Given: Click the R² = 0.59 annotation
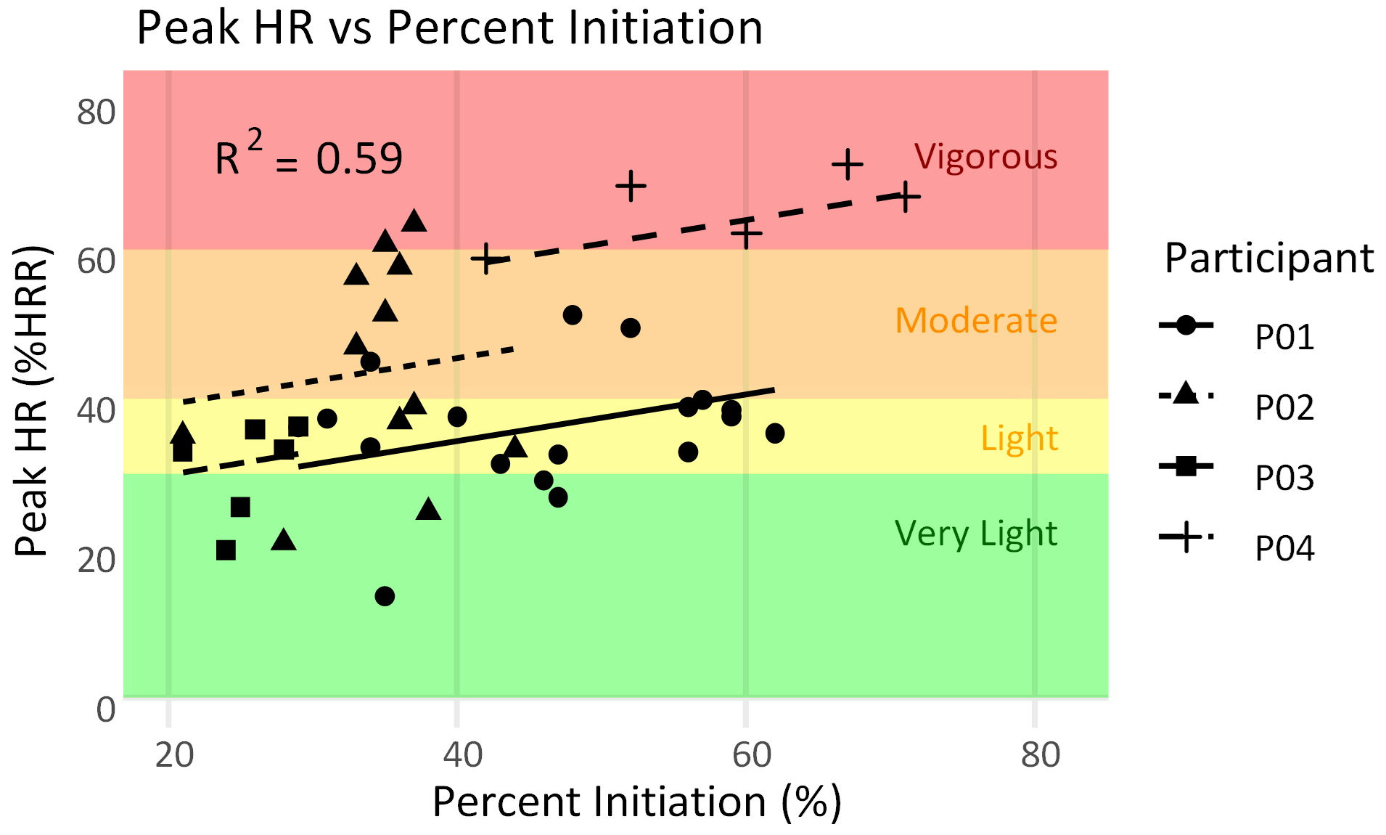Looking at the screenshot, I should pos(308,157).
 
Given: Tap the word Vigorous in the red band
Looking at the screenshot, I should pos(985,157).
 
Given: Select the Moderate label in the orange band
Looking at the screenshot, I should pos(975,320).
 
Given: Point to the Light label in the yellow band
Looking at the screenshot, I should pos(1019,439).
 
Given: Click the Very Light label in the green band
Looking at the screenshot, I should pos(975,534).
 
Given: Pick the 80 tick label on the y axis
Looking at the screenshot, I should pos(97,113).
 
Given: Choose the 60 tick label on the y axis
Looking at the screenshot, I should pos(97,261).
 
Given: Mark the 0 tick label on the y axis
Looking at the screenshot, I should pos(106,709).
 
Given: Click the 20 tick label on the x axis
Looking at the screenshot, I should pos(175,755).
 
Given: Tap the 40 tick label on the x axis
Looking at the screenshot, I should pos(463,755).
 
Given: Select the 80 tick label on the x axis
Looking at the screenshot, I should pos(1041,755).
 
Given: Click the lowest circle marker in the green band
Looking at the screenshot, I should pos(385,596).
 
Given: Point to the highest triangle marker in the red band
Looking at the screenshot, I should pos(414,221).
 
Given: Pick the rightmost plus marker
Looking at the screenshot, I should pos(905,197).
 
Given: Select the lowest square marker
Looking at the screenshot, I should pos(226,550).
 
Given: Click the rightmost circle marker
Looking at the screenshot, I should pos(775,433).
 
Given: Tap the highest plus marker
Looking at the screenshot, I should pos(847,165).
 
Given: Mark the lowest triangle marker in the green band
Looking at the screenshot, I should pos(284,540).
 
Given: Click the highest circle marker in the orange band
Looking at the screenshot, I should pos(573,315).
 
